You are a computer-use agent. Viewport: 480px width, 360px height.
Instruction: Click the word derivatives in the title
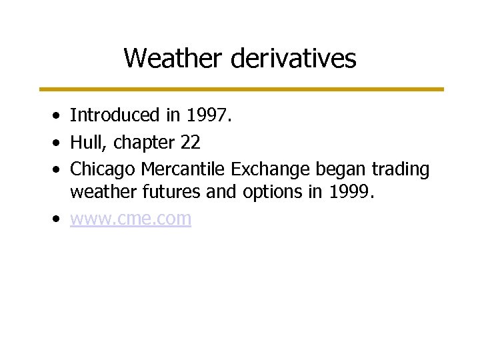click(294, 59)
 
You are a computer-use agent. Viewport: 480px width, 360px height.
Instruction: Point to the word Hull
click(86, 143)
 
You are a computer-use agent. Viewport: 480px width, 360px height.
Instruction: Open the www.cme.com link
click(131, 219)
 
